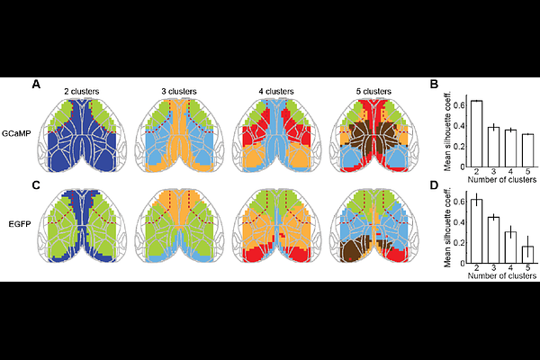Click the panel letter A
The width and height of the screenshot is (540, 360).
coord(36,84)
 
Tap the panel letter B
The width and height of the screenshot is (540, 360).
coord(435,84)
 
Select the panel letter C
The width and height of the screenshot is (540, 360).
coord(36,185)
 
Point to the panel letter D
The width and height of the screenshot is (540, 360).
coord(435,185)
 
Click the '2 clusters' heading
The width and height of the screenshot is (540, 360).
coord(82,92)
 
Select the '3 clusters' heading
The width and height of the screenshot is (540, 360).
coord(179,92)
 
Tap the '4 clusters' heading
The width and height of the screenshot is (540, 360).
coord(276,92)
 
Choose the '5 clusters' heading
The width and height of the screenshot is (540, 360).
coord(373,92)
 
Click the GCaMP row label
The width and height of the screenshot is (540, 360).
coord(16,134)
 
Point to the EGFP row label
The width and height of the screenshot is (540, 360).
coord(20,224)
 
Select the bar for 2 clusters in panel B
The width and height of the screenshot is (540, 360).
coord(476,134)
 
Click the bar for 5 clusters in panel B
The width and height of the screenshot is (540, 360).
coord(527,151)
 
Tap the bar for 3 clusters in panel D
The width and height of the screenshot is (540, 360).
coord(493,240)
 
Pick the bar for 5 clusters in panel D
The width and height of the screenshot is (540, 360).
coord(527,255)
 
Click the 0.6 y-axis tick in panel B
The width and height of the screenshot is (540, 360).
coord(458,105)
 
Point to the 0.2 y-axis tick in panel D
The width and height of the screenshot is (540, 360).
coord(458,243)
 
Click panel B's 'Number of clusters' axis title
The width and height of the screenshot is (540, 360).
coord(502,179)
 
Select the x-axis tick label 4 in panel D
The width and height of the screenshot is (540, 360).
coord(510,268)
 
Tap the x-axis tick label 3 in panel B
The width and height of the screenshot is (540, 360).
coord(493,172)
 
